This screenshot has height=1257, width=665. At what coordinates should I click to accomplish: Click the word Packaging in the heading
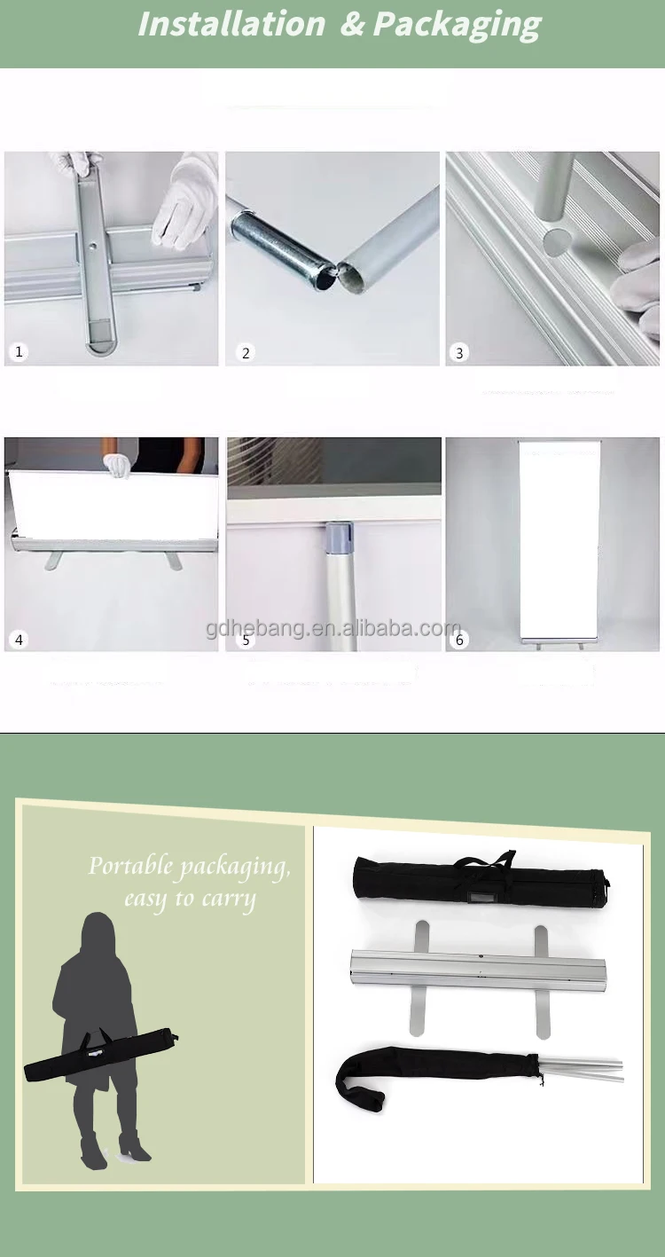coord(456,24)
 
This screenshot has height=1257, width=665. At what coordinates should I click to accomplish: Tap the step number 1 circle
coord(19,352)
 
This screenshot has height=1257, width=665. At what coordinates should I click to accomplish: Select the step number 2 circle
coord(246,353)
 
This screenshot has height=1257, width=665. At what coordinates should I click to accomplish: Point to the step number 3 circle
coord(459,353)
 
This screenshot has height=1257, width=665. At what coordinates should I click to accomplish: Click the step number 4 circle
coord(19,639)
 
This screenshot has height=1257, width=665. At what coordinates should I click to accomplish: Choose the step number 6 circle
coord(459,640)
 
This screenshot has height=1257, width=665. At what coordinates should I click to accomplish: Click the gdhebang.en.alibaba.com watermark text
coord(333,629)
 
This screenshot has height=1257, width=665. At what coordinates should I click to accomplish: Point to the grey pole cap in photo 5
coord(340,538)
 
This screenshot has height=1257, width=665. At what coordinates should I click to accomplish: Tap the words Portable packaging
coord(189,867)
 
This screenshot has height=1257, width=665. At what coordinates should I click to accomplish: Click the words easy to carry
coord(190,899)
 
